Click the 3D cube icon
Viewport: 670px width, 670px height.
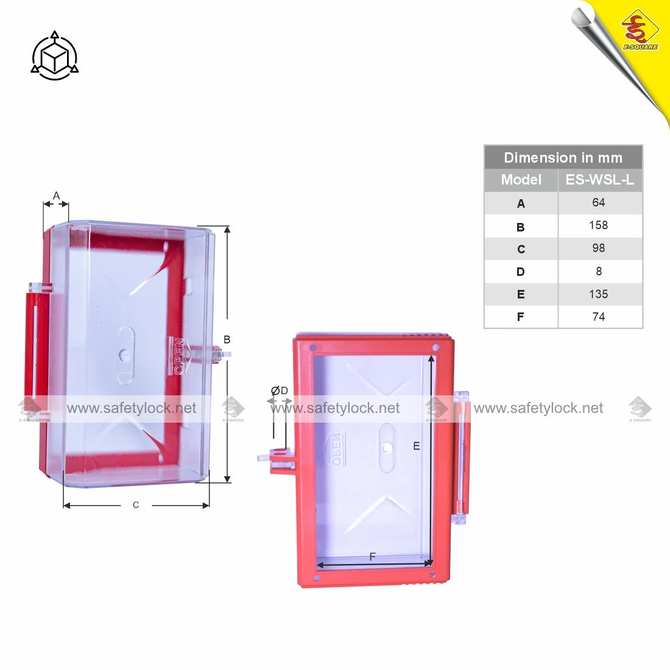[55, 57]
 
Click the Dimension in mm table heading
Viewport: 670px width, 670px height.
[563, 158]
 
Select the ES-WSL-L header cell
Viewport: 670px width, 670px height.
[599, 180]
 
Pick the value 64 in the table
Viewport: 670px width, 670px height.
[598, 203]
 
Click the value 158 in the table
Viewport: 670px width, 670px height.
[598, 225]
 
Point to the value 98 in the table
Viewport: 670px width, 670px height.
[598, 248]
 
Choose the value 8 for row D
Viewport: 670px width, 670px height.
[598, 271]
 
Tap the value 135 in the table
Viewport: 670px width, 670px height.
[598, 294]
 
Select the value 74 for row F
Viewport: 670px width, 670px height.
[598, 317]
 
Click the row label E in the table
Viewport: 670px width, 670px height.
[521, 294]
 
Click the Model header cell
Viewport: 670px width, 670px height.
[521, 180]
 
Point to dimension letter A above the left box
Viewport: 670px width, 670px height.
[56, 196]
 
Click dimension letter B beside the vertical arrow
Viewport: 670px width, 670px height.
[227, 339]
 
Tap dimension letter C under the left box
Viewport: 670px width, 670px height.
[136, 505]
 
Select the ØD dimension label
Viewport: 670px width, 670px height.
[280, 390]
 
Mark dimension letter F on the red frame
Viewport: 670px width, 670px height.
[372, 557]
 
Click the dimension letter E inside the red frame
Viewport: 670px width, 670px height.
[417, 446]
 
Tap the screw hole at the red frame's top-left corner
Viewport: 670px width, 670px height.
[312, 347]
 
